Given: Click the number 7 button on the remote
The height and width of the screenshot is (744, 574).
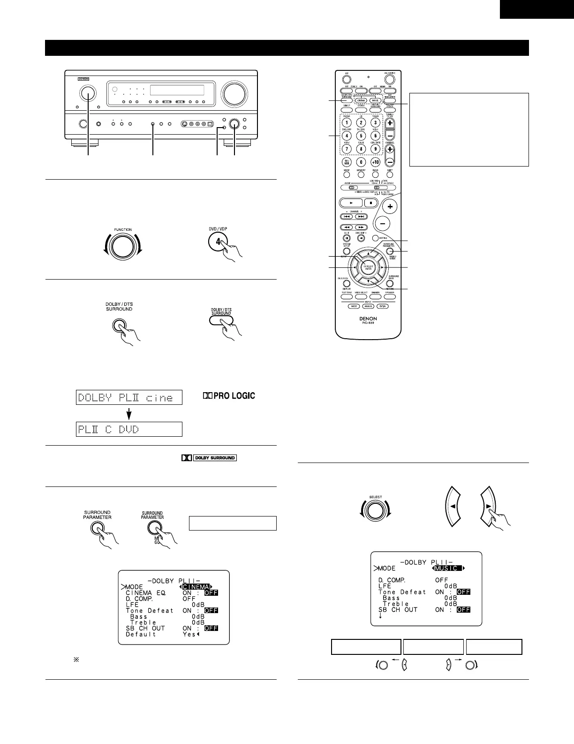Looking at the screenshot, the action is tap(347, 149).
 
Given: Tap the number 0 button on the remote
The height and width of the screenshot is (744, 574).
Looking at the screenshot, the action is tap(361, 162).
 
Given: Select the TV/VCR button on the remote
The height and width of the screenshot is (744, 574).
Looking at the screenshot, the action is tap(347, 162).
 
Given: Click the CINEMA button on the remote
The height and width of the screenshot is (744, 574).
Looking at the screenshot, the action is tap(362, 100).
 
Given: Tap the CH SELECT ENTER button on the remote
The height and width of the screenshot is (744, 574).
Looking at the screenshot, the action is tap(369, 267).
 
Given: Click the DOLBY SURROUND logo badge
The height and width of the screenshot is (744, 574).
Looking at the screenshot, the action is tap(209, 458).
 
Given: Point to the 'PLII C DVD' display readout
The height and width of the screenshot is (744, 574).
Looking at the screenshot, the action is tap(129, 429).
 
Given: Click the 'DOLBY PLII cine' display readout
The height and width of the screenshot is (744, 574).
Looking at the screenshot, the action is tap(129, 398).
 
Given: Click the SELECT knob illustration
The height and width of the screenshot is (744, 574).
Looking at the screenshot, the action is tap(375, 512).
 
